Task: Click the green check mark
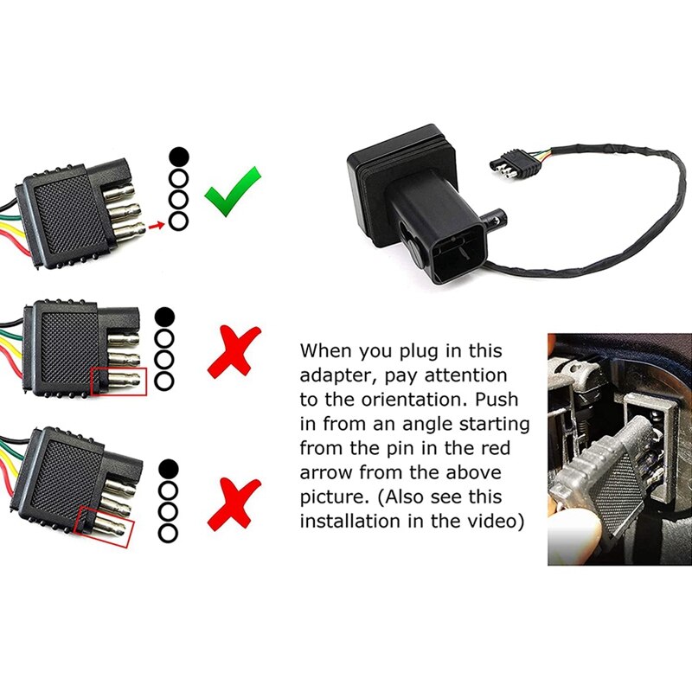tap(233, 191)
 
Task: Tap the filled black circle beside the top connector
tap(177, 157)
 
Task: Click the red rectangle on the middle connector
tap(119, 380)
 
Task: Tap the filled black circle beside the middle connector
tap(165, 317)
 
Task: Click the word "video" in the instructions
tap(491, 522)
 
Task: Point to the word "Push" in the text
tap(506, 400)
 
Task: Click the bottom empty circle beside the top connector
tap(177, 221)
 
